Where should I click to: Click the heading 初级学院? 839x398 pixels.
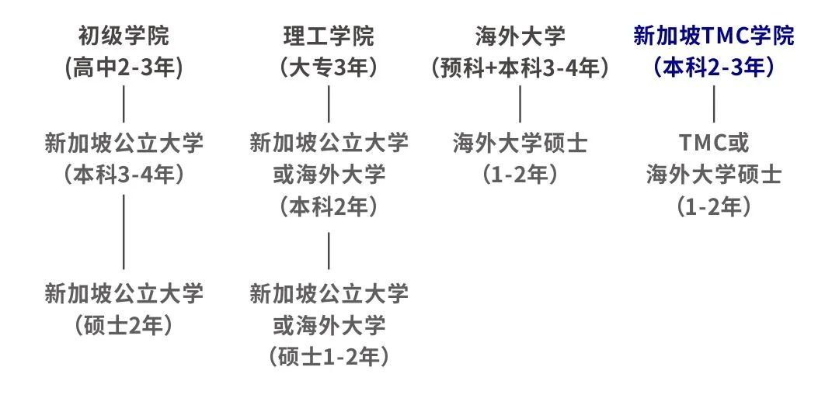pyautogui.click(x=124, y=37)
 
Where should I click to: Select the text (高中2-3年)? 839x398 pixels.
pyautogui.click(x=124, y=69)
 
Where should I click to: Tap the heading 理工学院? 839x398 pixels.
pyautogui.click(x=329, y=37)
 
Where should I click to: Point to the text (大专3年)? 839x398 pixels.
pyautogui.click(x=329, y=69)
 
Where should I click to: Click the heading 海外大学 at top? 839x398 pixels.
pyautogui.click(x=520, y=37)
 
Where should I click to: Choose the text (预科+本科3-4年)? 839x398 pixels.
pyautogui.click(x=520, y=69)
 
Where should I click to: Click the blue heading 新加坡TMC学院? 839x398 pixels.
pyautogui.click(x=714, y=37)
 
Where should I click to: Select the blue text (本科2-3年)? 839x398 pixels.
pyautogui.click(x=714, y=69)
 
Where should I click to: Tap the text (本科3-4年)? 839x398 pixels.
pyautogui.click(x=124, y=176)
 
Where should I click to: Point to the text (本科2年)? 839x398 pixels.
pyautogui.click(x=329, y=208)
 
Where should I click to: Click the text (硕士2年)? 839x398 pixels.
pyautogui.click(x=124, y=326)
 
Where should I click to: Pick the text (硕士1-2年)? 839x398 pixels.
pyautogui.click(x=329, y=358)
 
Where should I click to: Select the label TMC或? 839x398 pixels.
pyautogui.click(x=714, y=144)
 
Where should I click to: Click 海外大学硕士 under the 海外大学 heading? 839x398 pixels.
pyautogui.click(x=520, y=144)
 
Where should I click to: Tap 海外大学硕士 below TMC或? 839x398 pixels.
pyautogui.click(x=714, y=176)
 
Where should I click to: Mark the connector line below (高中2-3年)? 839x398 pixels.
pyautogui.click(x=124, y=104)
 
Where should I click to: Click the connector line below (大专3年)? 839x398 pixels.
pyautogui.click(x=329, y=104)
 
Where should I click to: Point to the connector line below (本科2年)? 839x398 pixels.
pyautogui.click(x=329, y=251)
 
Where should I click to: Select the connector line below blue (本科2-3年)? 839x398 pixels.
pyautogui.click(x=714, y=104)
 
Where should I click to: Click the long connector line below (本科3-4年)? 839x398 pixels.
pyautogui.click(x=124, y=232)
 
